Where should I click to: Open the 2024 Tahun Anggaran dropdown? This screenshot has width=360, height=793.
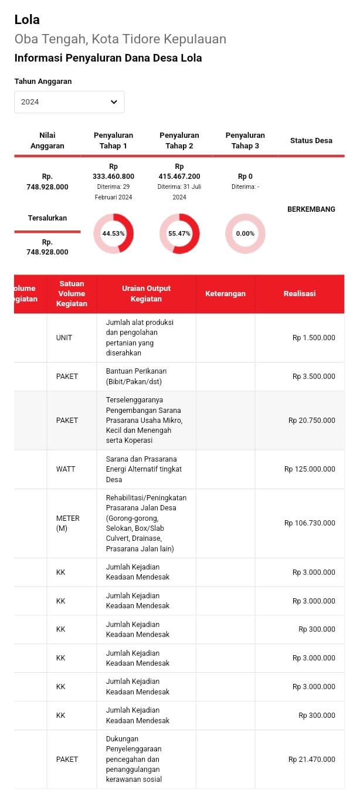pyautogui.click(x=69, y=102)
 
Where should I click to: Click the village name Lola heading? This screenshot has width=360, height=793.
pyautogui.click(x=27, y=19)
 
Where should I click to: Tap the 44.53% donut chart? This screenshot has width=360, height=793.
pyautogui.click(x=114, y=233)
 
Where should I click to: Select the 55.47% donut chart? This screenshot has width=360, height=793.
pyautogui.click(x=179, y=233)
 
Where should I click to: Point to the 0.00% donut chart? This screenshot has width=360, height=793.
pyautogui.click(x=245, y=233)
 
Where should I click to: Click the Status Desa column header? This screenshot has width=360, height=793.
pyautogui.click(x=311, y=141)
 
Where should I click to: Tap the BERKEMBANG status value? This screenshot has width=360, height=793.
pyautogui.click(x=311, y=209)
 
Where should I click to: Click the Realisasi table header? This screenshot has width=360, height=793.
pyautogui.click(x=299, y=294)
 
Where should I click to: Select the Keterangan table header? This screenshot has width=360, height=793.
pyautogui.click(x=225, y=294)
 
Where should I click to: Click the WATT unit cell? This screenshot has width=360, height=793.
pyautogui.click(x=66, y=469)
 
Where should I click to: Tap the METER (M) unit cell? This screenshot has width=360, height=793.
pyautogui.click(x=68, y=523)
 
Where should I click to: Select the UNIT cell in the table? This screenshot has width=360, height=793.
pyautogui.click(x=64, y=338)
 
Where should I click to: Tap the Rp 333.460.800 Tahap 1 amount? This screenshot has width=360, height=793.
pyautogui.click(x=113, y=171)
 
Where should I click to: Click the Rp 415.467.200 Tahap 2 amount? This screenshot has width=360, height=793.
pyautogui.click(x=179, y=171)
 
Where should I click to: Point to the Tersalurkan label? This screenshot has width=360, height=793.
pyautogui.click(x=47, y=218)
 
